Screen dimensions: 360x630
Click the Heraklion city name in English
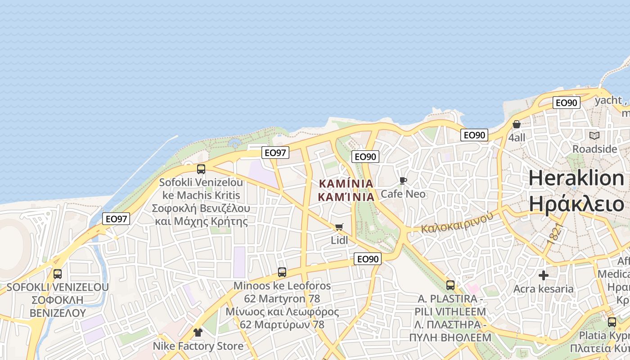576,178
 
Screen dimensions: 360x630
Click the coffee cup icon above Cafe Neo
403,180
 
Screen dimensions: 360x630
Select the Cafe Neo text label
403,194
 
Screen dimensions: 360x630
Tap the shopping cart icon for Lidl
339,227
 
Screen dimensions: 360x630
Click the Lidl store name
339,240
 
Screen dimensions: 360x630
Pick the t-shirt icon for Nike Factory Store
198,333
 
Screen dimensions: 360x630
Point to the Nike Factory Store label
198,346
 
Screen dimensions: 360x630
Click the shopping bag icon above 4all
517,124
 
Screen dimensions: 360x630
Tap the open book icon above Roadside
594,135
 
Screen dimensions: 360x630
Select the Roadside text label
594,149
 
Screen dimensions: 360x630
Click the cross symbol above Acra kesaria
544,275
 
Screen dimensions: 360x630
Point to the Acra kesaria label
544,288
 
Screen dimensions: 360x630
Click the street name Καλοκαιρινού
457,222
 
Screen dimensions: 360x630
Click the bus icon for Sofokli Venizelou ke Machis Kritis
201,169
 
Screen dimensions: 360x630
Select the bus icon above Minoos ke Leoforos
282,272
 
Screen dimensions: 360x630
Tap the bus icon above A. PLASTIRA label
450,285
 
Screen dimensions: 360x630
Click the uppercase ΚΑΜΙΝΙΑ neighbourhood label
346,184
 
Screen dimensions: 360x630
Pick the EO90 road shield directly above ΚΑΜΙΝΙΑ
365,157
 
